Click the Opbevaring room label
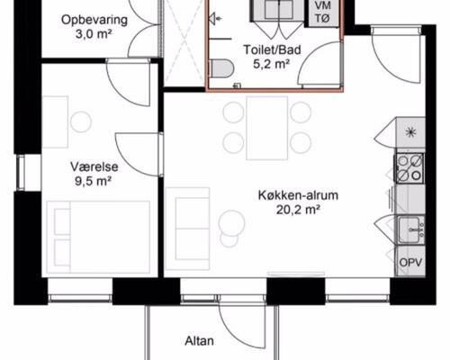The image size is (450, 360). [94, 20]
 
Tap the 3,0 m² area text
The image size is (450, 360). [94, 35]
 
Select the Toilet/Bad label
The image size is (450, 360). [267, 51]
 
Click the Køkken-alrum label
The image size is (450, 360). [289, 195]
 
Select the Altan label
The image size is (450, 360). [199, 342]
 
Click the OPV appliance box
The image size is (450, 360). [409, 262]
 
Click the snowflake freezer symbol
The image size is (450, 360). [411, 133]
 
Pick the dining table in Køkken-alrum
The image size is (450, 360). [267, 126]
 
